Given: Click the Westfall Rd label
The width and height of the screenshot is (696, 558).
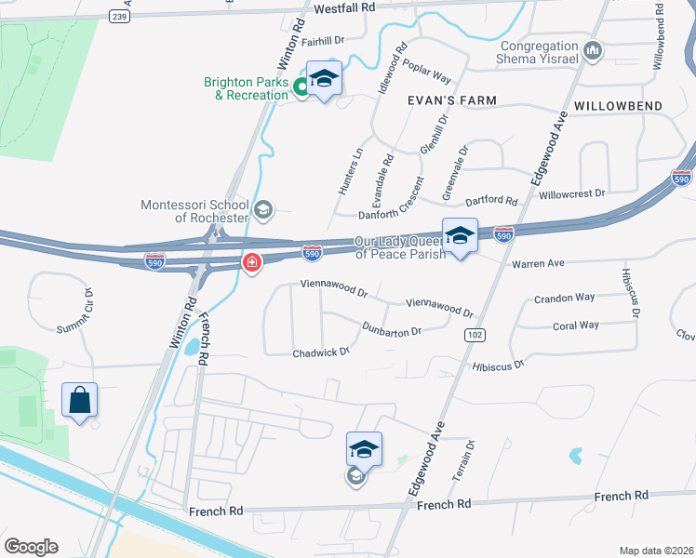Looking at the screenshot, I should pos(343,7).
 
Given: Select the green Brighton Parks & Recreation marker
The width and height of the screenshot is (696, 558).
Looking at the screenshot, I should pos(301,88).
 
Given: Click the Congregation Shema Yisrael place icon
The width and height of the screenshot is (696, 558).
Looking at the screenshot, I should pos(596,49).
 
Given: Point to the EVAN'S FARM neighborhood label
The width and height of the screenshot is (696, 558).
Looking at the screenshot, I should pos(451,100).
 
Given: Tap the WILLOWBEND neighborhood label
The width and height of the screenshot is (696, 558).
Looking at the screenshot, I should pos(618,106).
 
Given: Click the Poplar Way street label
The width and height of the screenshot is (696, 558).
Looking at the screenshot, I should pos(428,78).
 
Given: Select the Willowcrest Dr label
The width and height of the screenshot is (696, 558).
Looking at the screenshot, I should pos(571,193).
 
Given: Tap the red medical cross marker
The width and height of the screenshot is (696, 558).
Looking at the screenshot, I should pos(251,265).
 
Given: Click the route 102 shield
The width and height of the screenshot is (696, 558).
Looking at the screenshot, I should pos(475,335).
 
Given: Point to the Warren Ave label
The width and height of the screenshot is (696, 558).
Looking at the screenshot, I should pos(538,263).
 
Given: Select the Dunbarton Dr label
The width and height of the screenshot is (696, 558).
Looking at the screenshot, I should pos(392,328).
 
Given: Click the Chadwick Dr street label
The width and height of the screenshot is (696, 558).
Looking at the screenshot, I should pos(320,352).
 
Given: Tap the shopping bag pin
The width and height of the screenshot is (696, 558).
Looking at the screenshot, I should pos(80,401).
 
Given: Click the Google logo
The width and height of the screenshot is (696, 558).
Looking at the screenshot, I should pos(31,547).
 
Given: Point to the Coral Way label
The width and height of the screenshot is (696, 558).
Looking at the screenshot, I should pos(576,325).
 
